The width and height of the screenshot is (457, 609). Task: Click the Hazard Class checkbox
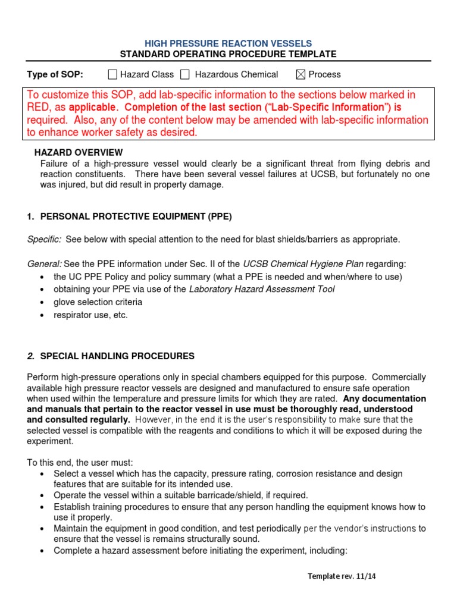click(x=112, y=74)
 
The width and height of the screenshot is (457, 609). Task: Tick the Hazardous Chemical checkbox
click(x=185, y=74)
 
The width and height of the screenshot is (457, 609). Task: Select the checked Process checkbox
click(x=301, y=74)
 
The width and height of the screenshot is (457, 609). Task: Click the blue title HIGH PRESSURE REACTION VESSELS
click(x=228, y=43)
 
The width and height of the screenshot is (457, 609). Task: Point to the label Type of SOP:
click(x=55, y=74)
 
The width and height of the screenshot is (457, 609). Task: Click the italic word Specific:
click(x=44, y=239)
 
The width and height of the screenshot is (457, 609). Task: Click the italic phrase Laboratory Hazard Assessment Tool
click(x=262, y=289)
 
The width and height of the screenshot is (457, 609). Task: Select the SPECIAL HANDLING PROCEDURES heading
click(x=117, y=356)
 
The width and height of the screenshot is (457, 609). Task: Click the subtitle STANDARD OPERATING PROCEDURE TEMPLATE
click(x=228, y=54)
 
